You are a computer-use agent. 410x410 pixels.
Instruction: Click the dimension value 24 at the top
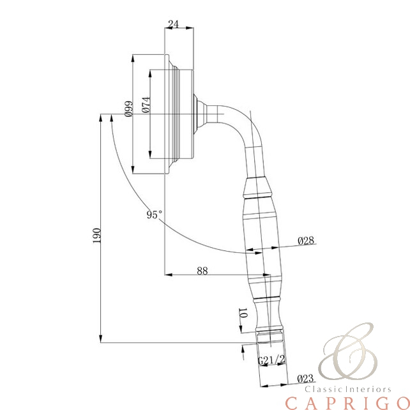(173, 24)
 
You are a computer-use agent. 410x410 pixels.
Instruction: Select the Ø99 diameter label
(128, 109)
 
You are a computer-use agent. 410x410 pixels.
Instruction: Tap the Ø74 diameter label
(146, 105)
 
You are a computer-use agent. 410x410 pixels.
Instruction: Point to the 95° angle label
(155, 215)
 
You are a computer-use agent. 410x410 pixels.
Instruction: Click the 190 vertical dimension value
(96, 235)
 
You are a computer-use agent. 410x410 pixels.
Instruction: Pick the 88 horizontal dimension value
(202, 271)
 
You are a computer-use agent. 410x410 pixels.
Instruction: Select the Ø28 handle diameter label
(306, 241)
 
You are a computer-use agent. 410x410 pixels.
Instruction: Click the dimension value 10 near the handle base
(243, 313)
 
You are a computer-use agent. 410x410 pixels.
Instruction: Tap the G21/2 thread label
(271, 360)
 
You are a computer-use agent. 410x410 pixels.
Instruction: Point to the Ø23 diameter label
(305, 378)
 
